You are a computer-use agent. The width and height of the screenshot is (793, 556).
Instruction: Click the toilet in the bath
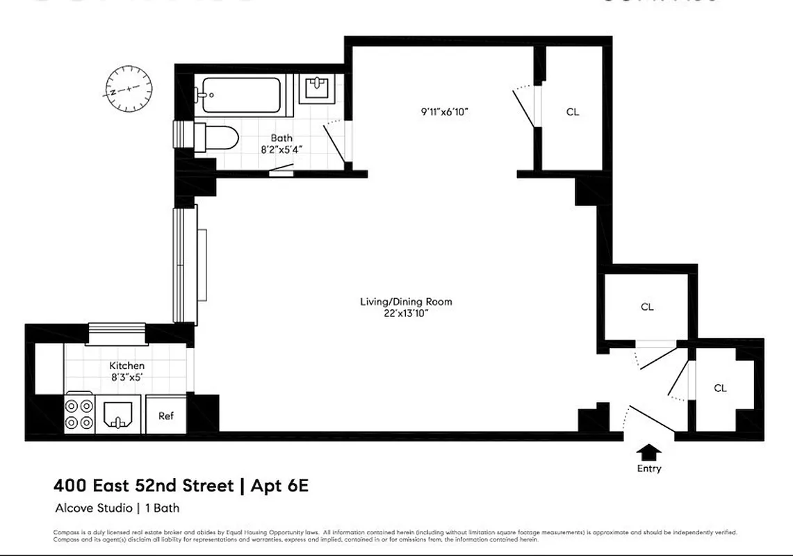[x=215, y=137]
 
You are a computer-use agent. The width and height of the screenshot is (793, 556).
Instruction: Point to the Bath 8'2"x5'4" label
[x=282, y=143]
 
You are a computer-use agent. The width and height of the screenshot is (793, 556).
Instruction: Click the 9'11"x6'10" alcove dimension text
[x=449, y=111]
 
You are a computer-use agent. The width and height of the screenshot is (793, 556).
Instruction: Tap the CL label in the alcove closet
[x=572, y=112]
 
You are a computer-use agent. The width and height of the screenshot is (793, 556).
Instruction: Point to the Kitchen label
[x=127, y=366]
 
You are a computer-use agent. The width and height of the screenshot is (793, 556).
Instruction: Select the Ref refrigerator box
[x=166, y=416]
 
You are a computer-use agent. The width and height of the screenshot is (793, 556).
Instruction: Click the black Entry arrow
[x=649, y=452]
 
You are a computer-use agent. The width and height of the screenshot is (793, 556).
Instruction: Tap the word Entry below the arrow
[x=649, y=468]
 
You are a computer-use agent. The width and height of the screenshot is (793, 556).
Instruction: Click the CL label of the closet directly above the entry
[x=647, y=306]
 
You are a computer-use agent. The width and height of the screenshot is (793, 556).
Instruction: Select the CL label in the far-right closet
[x=720, y=389]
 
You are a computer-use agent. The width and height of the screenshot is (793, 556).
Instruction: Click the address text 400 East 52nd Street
[x=143, y=485]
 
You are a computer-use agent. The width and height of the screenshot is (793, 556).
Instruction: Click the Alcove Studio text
[x=96, y=508]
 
